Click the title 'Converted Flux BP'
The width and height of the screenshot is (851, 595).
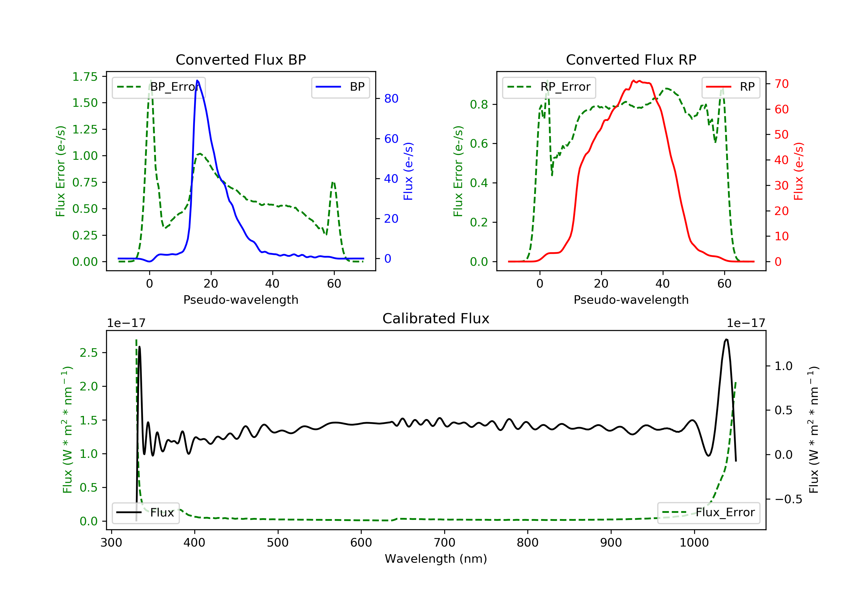pos(241,59)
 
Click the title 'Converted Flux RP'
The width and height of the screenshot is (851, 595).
pos(631,59)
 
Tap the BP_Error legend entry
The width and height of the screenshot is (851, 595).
pos(159,87)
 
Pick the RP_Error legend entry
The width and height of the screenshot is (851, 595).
pos(549,87)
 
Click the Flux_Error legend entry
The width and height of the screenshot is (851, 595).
pos(708,513)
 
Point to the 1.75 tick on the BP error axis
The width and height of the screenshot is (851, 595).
pos(85,77)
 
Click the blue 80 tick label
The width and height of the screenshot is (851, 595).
pos(391,99)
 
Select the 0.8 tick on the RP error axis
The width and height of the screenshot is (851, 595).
pos(479,105)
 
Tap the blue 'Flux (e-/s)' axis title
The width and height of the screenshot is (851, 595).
pos(408,171)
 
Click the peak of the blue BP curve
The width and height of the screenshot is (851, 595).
pos(197,80)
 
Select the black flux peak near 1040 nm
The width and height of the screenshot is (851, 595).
pos(726,339)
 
